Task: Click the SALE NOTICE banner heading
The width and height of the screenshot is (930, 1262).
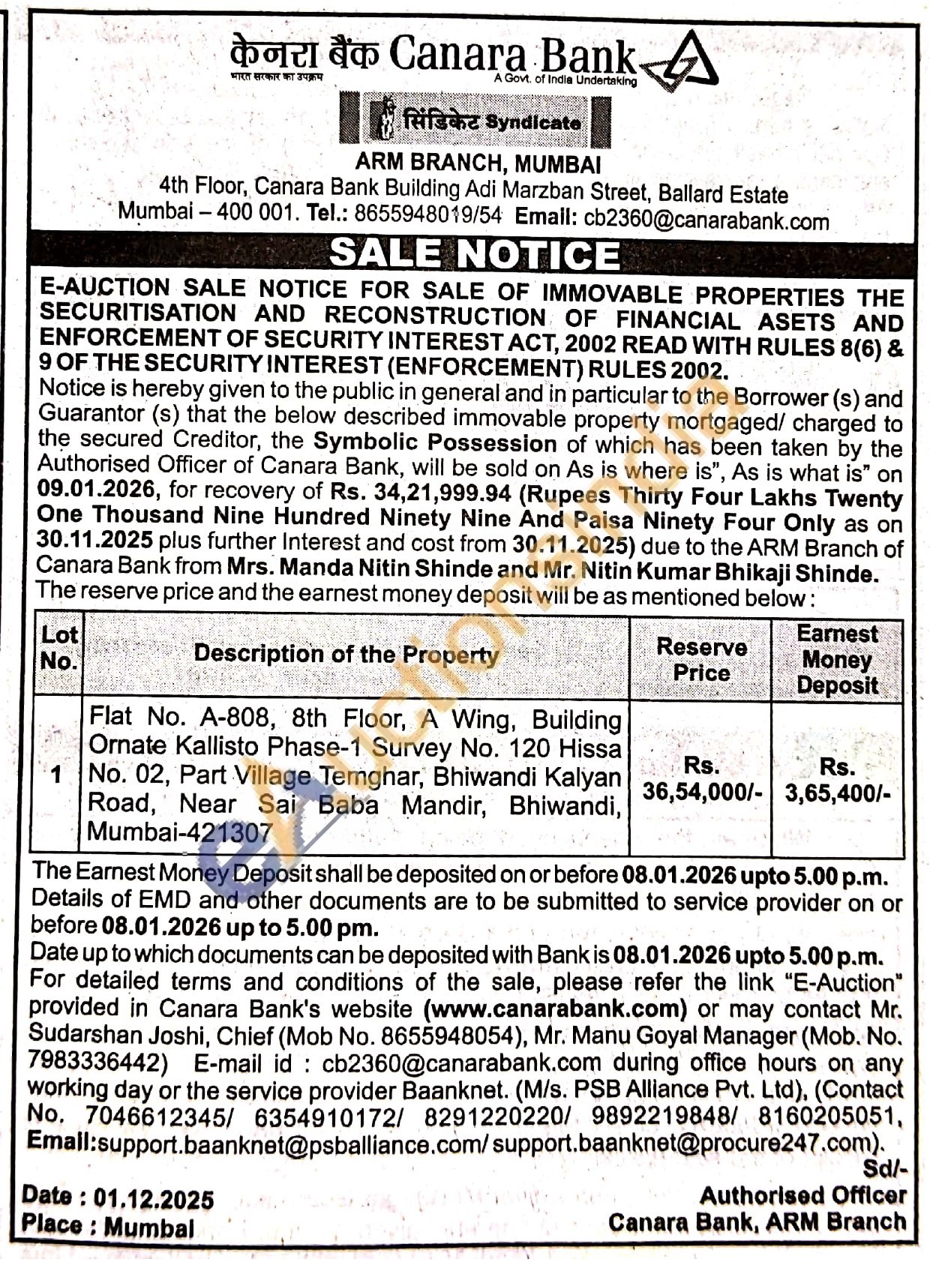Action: (x=474, y=254)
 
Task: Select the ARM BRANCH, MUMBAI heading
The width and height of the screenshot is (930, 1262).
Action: (x=478, y=163)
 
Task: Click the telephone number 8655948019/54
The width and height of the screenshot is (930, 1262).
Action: (x=427, y=214)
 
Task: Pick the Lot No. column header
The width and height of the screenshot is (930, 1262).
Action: (x=58, y=648)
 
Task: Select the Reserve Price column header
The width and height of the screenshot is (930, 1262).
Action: (x=700, y=660)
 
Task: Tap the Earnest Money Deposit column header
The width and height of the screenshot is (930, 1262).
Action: (x=837, y=660)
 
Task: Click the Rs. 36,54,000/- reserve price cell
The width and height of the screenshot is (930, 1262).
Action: (x=701, y=780)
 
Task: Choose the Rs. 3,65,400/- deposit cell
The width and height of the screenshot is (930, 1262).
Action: (x=837, y=781)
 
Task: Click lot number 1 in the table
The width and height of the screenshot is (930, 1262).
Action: (x=56, y=775)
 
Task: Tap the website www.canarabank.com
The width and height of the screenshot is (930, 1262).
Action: (x=556, y=1009)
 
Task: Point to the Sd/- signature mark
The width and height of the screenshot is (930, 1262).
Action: (x=884, y=1168)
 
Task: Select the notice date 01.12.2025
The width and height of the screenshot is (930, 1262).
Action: (x=154, y=1199)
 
